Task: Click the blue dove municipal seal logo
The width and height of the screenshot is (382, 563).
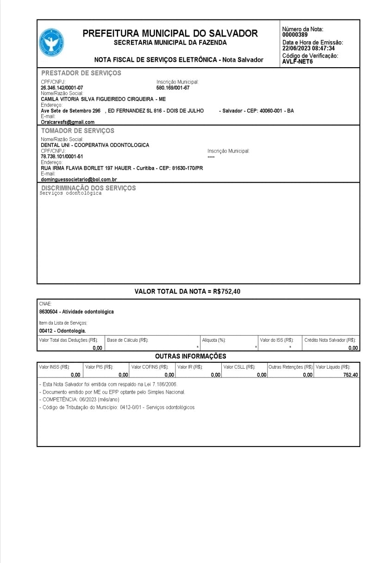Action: (x=51, y=43)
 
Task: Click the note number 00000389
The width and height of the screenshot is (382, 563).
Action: (x=295, y=35)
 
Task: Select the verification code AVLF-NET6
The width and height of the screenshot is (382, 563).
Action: (x=297, y=62)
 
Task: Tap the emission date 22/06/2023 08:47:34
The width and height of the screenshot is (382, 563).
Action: (x=308, y=48)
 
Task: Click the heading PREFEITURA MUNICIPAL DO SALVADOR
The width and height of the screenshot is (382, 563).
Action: (x=170, y=33)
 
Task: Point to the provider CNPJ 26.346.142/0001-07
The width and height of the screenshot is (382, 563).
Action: (x=62, y=88)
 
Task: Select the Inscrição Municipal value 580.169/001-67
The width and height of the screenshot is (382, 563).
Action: (x=173, y=88)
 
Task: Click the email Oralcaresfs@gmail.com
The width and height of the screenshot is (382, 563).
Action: (x=68, y=122)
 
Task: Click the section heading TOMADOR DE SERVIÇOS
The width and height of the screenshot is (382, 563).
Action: (x=77, y=131)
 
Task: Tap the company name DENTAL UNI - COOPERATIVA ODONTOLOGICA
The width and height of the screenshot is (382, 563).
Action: (x=95, y=145)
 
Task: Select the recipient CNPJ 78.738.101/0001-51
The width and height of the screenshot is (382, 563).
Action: (x=62, y=157)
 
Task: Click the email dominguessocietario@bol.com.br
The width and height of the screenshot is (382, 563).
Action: (x=79, y=179)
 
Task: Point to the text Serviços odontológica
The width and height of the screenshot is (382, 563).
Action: (x=71, y=193)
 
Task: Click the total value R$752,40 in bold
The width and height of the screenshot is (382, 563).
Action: (x=226, y=292)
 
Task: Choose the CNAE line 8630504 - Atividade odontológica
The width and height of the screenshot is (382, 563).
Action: (x=76, y=312)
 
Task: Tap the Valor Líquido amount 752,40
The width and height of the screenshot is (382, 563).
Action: (x=351, y=375)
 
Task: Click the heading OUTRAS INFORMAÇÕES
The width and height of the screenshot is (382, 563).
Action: (x=190, y=356)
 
